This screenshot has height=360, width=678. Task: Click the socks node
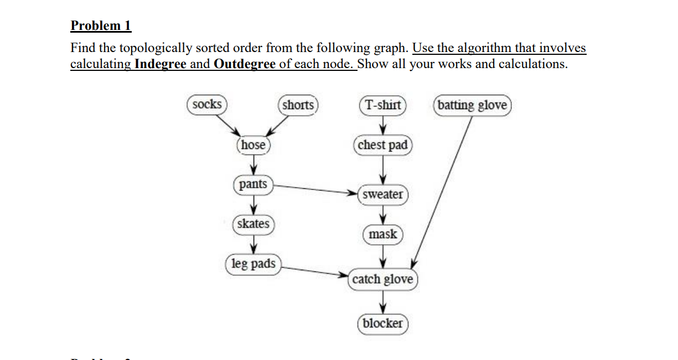click(x=207, y=105)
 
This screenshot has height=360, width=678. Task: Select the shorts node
click(x=298, y=105)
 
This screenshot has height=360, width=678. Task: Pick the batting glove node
click(x=472, y=105)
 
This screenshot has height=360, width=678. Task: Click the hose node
click(x=253, y=145)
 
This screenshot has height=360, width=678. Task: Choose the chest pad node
click(x=382, y=145)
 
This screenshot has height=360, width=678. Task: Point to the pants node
click(x=253, y=184)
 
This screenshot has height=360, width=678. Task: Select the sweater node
click(x=383, y=194)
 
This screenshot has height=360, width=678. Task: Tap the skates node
click(x=253, y=224)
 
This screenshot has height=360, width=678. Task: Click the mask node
click(x=382, y=234)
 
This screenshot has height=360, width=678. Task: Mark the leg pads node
click(x=253, y=264)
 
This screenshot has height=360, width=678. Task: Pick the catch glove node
click(x=382, y=279)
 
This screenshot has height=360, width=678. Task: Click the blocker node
click(x=382, y=323)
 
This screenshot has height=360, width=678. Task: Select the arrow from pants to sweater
click(x=315, y=189)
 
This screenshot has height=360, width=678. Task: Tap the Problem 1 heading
click(x=101, y=25)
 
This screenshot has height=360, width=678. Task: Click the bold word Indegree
click(x=160, y=64)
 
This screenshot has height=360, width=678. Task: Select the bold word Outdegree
click(x=244, y=64)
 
